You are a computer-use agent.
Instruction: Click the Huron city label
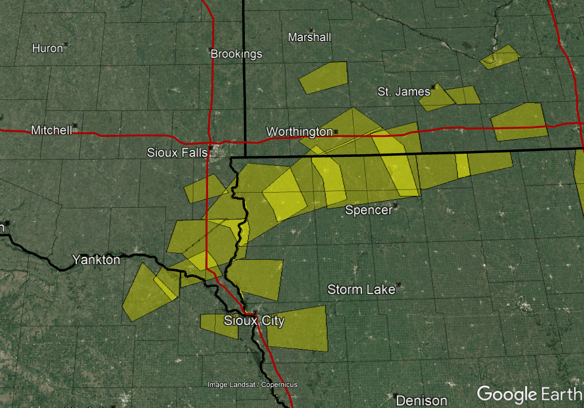tap(48, 48)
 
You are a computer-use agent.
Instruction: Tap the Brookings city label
tap(236, 54)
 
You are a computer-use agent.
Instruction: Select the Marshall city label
tap(309, 37)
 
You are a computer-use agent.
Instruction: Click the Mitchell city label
tap(51, 130)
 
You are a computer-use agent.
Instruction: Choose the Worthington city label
tap(299, 132)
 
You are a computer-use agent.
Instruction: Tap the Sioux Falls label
tap(177, 153)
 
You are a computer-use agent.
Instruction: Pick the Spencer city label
tap(368, 210)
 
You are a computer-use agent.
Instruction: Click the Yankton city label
tap(96, 260)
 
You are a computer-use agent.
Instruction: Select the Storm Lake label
tap(361, 290)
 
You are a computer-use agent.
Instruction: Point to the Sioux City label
tap(254, 321)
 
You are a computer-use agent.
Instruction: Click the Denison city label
tap(421, 401)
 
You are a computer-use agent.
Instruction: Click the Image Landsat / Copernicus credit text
tap(252, 385)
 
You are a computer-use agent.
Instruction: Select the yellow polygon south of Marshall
tap(324, 77)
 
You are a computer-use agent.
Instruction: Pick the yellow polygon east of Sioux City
tap(298, 328)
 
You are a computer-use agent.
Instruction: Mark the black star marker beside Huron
tap(66, 44)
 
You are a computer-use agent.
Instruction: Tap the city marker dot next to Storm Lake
tap(398, 285)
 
